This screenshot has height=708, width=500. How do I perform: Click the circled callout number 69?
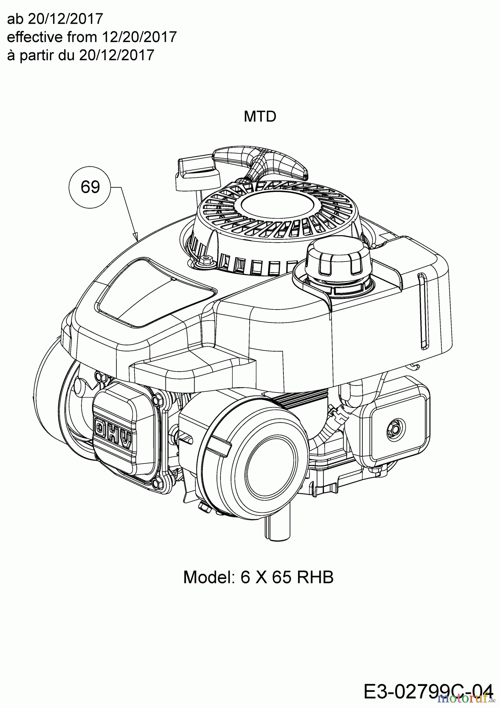[90, 187]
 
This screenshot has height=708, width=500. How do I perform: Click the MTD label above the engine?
[260, 116]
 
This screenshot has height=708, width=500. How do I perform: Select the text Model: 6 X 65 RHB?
[258, 577]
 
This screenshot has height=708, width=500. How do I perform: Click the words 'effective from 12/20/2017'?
[92, 37]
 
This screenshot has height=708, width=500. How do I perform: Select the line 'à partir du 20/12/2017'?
[81, 55]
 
